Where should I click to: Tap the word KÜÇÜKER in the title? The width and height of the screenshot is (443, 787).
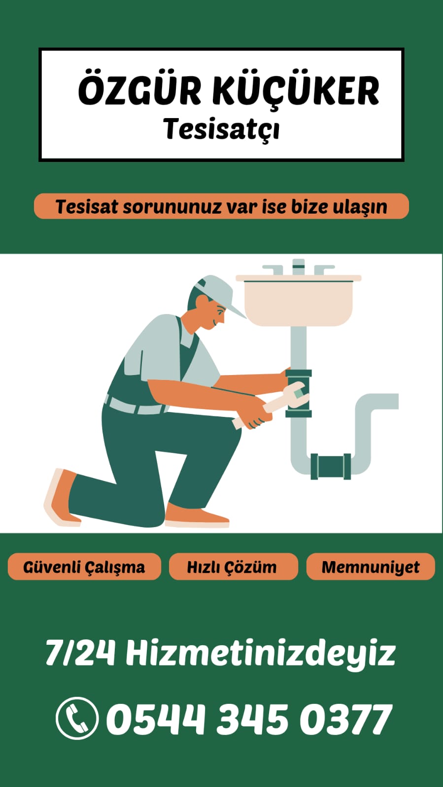point(296,92)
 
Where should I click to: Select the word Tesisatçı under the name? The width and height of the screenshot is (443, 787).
point(221,129)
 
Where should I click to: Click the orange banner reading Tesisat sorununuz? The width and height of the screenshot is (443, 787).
point(221,206)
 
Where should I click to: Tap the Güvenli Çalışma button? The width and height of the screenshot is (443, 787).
point(84,567)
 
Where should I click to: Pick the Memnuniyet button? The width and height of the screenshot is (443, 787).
point(371,567)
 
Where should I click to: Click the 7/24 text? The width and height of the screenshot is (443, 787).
point(80,653)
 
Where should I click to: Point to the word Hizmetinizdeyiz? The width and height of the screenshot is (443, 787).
point(261,653)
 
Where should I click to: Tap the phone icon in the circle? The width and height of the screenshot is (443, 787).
point(77,718)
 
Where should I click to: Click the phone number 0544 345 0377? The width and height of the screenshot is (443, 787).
point(249,719)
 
